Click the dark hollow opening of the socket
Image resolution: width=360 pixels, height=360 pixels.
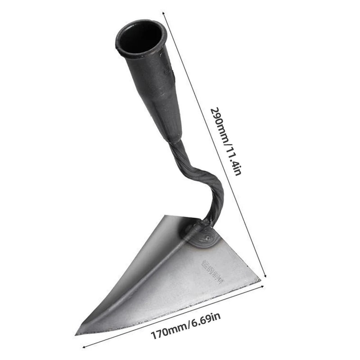(141, 37)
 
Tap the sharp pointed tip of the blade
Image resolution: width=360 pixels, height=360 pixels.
(77, 333)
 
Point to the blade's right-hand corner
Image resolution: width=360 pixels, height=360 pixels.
(259, 282)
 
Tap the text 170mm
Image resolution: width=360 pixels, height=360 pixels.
(166, 332)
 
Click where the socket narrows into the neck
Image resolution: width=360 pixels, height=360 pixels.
(173, 139)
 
